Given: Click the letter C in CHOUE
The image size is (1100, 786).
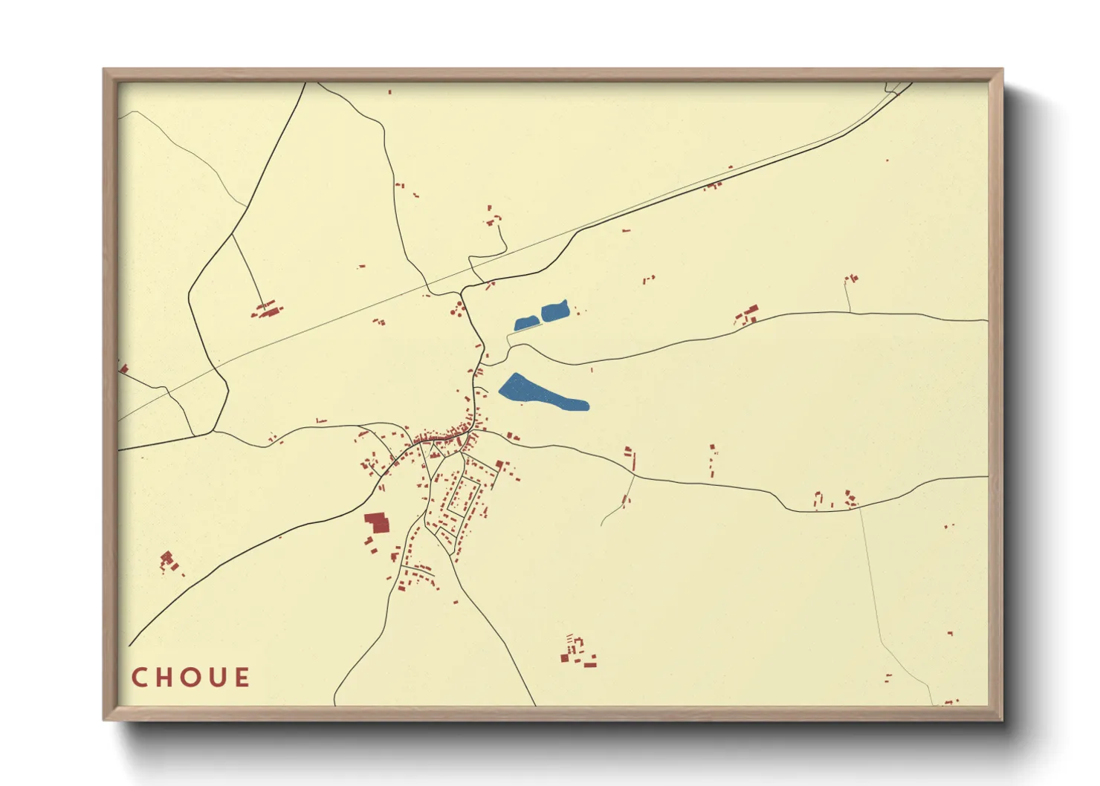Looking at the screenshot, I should point(139,678).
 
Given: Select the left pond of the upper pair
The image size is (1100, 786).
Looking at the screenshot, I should point(526,323).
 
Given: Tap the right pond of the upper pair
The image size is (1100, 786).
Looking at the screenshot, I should point(554,311).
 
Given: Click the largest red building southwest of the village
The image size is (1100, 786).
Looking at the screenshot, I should point(377,523).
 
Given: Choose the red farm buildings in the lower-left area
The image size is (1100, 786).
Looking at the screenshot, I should point(168,562).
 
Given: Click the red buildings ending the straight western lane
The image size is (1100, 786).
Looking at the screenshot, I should point(268,309).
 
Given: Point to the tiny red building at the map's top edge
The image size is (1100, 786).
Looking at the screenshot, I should point(389,92).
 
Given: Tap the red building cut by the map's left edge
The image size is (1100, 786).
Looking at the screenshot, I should point(123,368).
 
